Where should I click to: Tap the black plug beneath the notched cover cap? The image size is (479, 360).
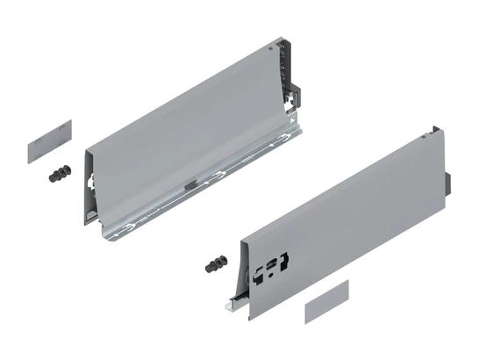60,173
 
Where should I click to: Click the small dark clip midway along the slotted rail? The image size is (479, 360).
191,185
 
